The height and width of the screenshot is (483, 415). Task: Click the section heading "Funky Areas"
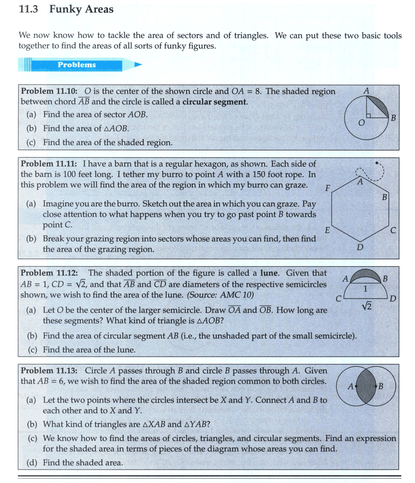81,9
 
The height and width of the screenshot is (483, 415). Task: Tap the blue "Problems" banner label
77,65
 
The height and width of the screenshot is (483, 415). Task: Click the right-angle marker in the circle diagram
369,115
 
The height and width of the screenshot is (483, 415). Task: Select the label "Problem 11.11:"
49,164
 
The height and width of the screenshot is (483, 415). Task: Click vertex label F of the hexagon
327,189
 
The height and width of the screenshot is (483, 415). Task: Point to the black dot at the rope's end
377,163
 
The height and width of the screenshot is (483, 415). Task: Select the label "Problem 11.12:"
49,273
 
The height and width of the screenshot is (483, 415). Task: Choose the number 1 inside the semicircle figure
365,288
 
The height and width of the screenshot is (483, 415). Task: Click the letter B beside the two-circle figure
381,386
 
